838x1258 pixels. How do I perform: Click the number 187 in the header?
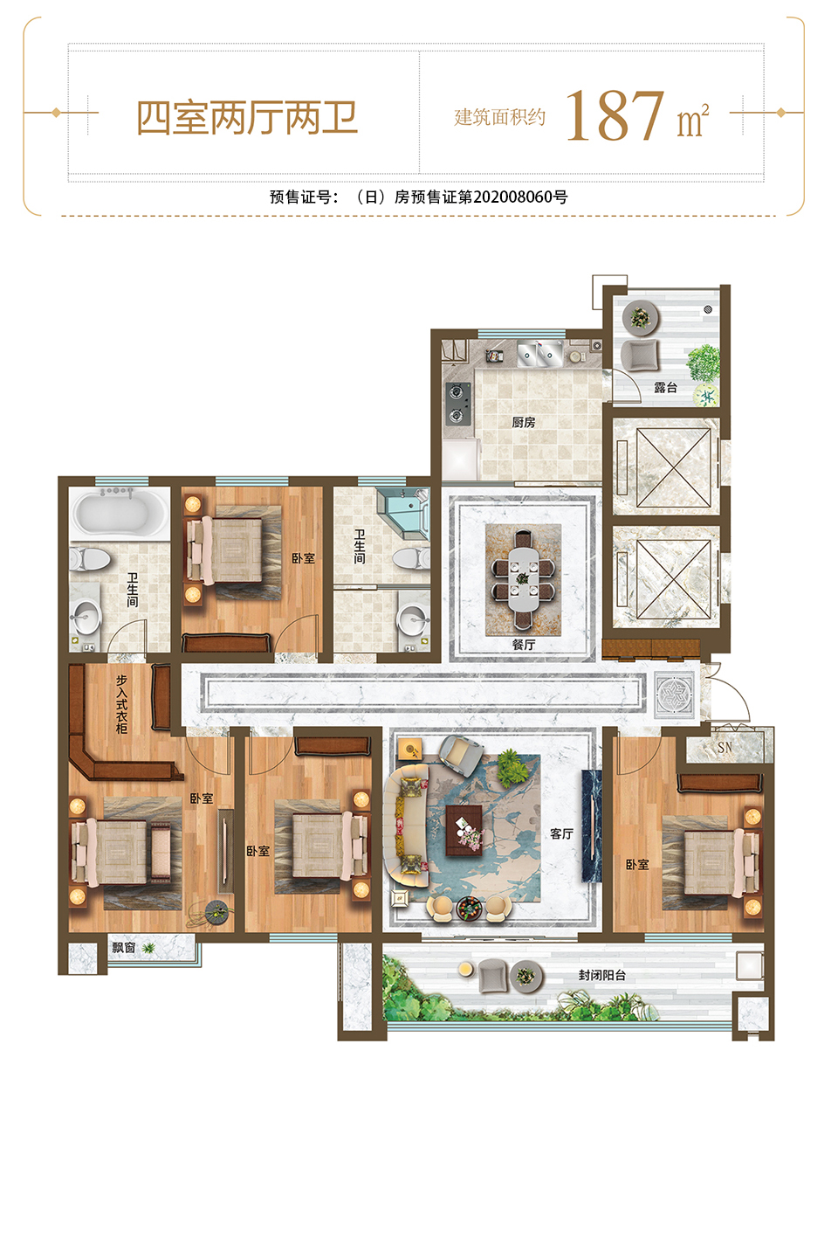click(x=615, y=115)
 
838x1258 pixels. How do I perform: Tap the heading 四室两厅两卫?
click(x=247, y=118)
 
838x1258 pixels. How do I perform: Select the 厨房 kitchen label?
click(x=523, y=422)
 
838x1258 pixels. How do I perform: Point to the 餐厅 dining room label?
click(x=523, y=644)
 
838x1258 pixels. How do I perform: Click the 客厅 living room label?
click(x=561, y=833)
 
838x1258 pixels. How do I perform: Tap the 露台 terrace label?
click(x=665, y=387)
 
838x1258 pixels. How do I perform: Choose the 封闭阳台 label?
click(x=602, y=975)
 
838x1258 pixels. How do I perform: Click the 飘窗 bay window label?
click(x=123, y=947)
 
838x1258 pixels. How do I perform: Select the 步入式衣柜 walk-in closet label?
click(x=122, y=704)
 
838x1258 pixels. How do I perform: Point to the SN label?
click(x=725, y=747)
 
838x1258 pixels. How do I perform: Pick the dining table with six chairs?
click(x=523, y=579)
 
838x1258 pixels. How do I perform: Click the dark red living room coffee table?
click(x=464, y=830)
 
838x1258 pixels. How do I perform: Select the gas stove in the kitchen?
click(x=458, y=403)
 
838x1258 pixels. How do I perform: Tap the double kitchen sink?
click(x=539, y=353)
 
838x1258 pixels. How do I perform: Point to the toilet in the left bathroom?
click(x=89, y=559)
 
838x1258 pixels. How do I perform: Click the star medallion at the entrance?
click(x=674, y=695)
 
